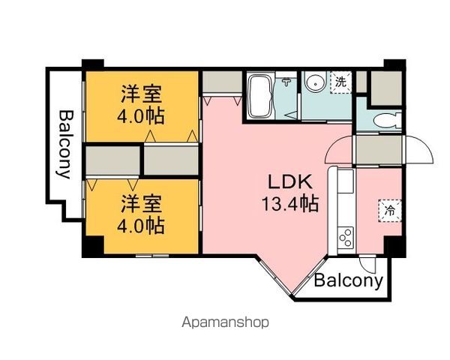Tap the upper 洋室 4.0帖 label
[x=141, y=104]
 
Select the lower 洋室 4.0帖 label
[x=141, y=214]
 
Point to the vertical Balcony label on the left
[x=65, y=145]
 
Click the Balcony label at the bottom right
[x=349, y=280]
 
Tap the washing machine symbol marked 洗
[x=340, y=82]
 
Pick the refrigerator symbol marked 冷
[x=390, y=211]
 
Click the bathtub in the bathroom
[x=259, y=96]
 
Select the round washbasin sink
[x=316, y=82]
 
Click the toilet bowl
[x=388, y=121]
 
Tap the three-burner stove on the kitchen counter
[x=346, y=238]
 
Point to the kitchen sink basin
[x=345, y=181]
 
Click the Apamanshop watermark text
[x=225, y=322]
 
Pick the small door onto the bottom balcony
[x=367, y=264]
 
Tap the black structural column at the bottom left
[x=93, y=246]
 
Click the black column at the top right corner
[x=395, y=65]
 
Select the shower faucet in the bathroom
[x=286, y=82]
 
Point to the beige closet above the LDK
[x=222, y=82]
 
